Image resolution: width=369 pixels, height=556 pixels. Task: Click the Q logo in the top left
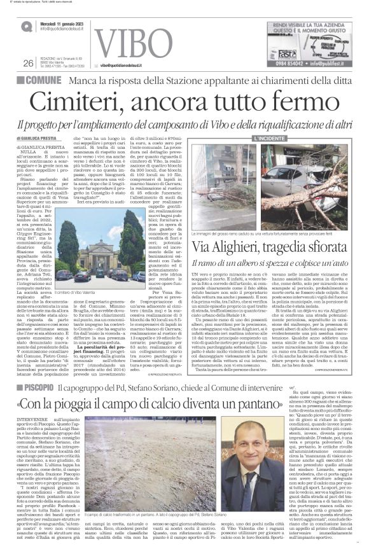pos(26,25)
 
